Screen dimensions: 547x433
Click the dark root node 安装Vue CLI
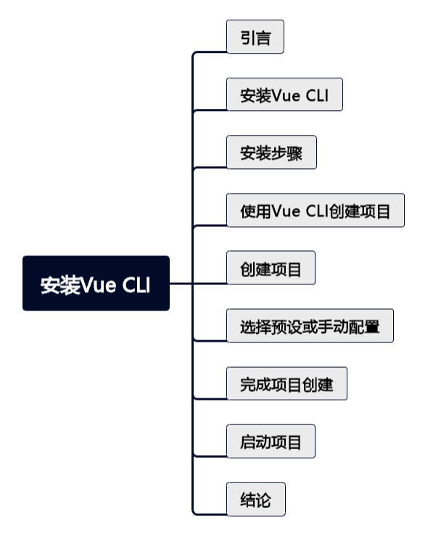[96, 284]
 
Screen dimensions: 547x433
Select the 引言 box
[255, 37]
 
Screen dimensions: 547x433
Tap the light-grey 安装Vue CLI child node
[284, 95]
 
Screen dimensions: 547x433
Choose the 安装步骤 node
[271, 152]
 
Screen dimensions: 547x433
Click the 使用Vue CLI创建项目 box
[315, 210]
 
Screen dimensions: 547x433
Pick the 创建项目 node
[271, 268]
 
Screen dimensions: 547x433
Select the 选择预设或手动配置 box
[310, 326]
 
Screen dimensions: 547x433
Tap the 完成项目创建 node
[286, 384]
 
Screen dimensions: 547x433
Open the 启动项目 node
[271, 441]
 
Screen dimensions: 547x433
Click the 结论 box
[255, 499]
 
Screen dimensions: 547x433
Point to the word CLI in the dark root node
[136, 284]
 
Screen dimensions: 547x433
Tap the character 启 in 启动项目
[247, 442]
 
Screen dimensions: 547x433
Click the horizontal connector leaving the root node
[181, 284]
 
